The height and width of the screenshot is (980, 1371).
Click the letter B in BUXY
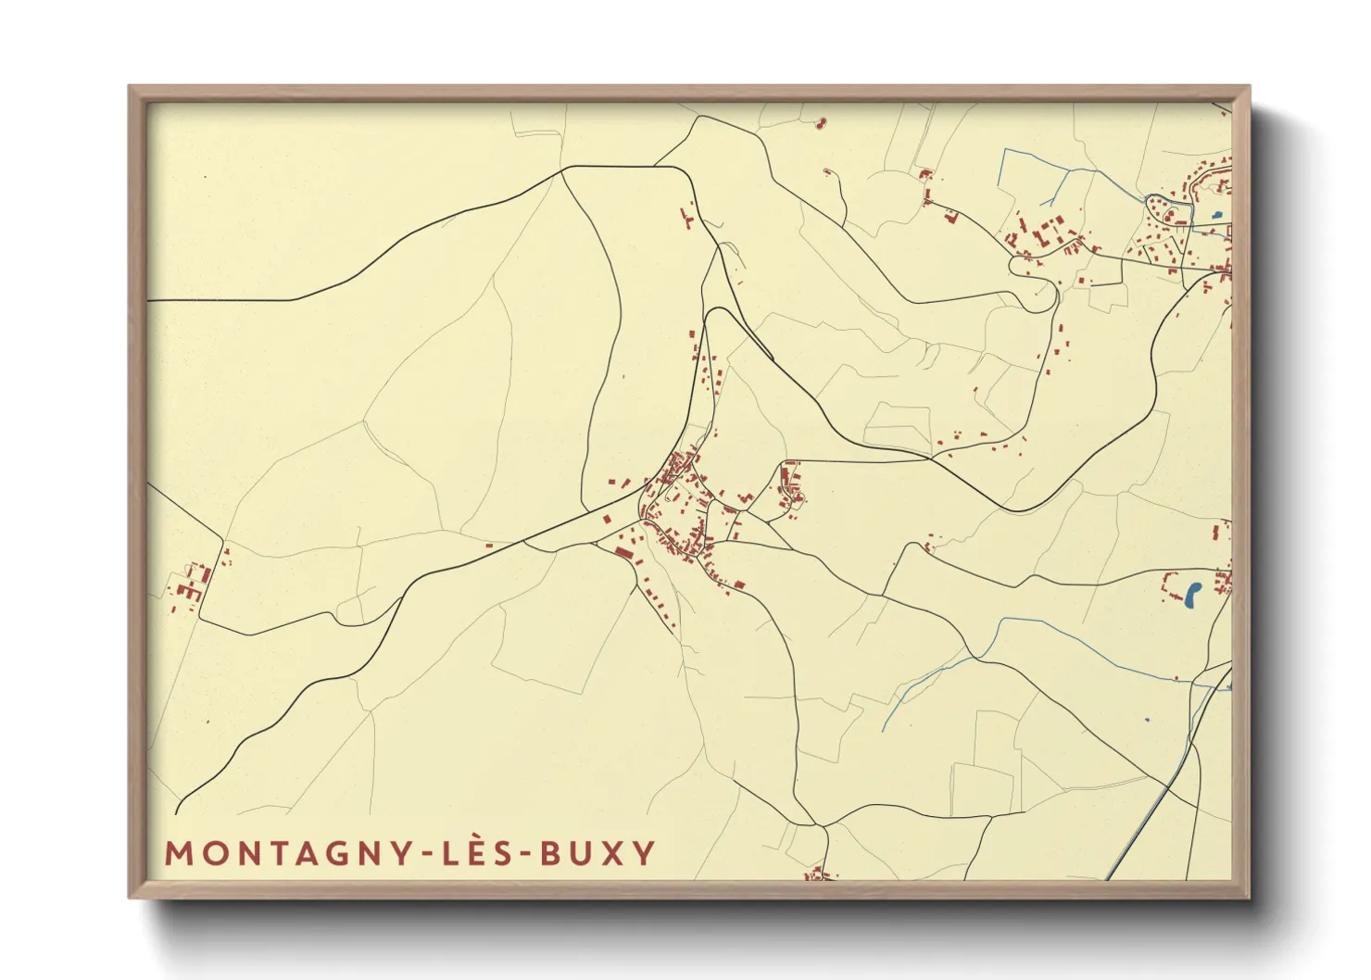coord(551,853)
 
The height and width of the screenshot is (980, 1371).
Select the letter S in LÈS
coord(501,853)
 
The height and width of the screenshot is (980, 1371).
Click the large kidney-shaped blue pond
coord(1193,594)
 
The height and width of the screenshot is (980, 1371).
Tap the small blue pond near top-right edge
coord(1215,217)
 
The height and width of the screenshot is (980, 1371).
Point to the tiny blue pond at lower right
coord(1147,720)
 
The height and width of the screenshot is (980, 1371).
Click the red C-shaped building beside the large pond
coord(1168,584)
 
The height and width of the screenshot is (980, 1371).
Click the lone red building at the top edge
coord(820,121)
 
